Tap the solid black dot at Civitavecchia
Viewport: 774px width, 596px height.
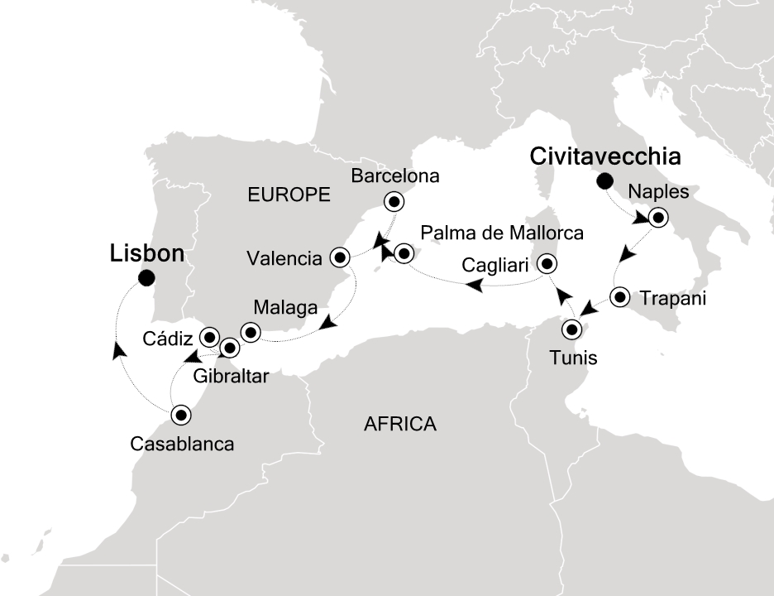click(606, 180)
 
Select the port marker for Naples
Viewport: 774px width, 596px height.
click(657, 219)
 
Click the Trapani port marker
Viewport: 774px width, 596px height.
click(620, 296)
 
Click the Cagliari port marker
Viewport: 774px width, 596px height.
click(547, 265)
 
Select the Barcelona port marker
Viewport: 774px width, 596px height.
click(393, 201)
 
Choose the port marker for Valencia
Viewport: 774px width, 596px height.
click(339, 257)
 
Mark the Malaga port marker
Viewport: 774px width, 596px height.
click(250, 333)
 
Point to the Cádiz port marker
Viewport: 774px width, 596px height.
click(209, 337)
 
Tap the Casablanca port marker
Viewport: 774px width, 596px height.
click(181, 414)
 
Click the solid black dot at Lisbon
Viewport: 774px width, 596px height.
click(147, 279)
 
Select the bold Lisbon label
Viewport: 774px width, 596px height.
click(146, 254)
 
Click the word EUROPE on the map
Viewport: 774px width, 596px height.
click(289, 195)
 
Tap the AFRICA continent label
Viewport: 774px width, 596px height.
click(399, 425)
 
